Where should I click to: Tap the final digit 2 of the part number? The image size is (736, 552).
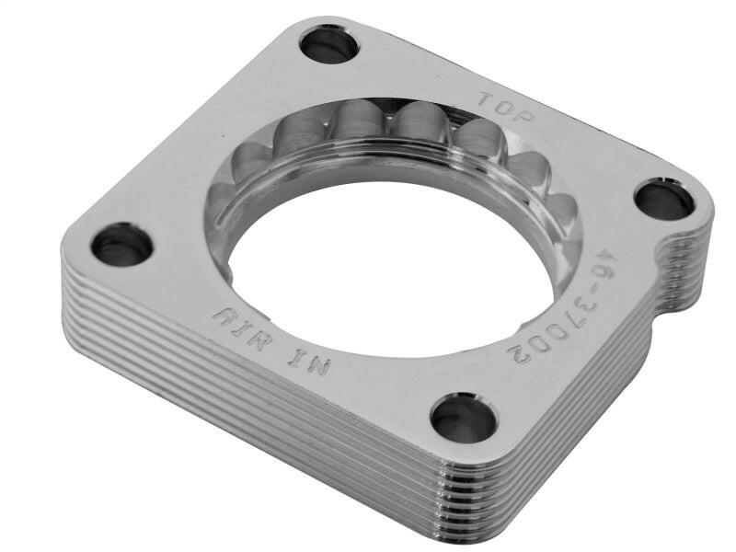(520, 350)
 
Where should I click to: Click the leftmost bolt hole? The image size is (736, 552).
(121, 244)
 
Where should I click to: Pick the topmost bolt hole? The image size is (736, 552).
(328, 43)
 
